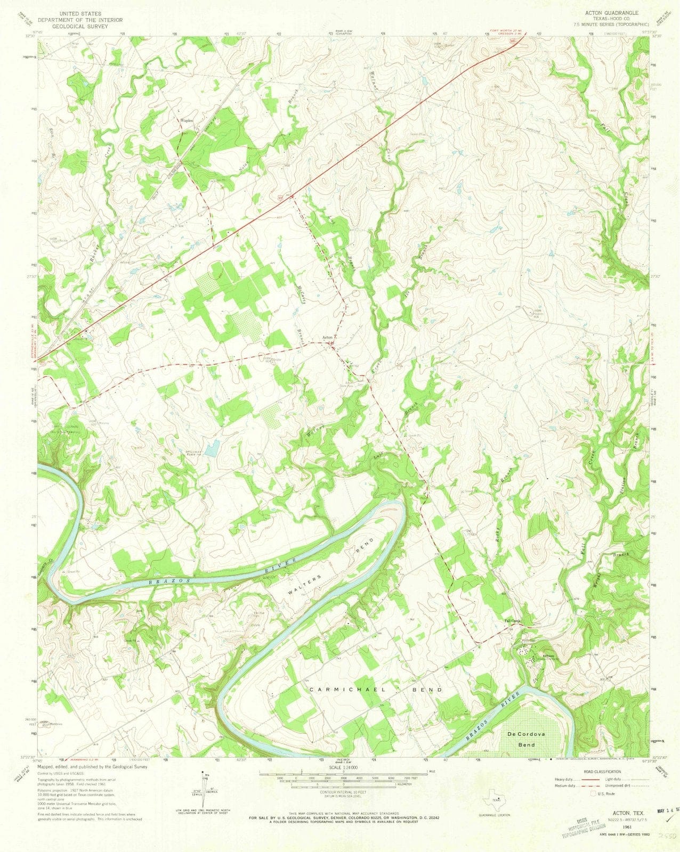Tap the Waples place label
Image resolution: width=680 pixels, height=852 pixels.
(x=186, y=121)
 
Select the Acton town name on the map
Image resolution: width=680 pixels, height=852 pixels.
(x=329, y=338)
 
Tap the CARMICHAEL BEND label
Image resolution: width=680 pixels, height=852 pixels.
(x=375, y=690)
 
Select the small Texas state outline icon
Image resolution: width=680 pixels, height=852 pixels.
(x=495, y=801)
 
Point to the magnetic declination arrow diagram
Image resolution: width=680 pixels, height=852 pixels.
(x=203, y=789)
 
